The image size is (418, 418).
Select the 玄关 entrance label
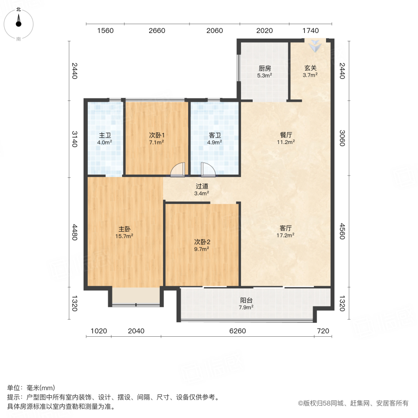coord(310,68)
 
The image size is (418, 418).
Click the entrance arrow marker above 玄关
coord(315,46)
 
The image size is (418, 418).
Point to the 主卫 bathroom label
coord(104,136)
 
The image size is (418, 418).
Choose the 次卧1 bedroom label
coord(157,135)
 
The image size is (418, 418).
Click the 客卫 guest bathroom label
coord(215,136)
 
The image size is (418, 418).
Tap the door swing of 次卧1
coord(177,170)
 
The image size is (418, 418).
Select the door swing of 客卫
coord(208,170)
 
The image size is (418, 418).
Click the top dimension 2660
coord(157,31)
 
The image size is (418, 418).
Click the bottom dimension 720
coord(322,331)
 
